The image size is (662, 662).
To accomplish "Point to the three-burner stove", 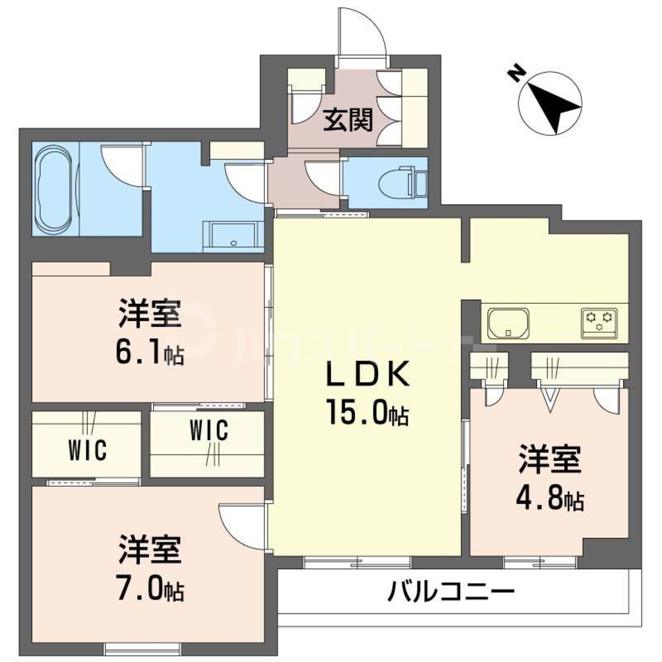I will [600, 322].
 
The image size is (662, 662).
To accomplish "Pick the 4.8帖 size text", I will [549, 498].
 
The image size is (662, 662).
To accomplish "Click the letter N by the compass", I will [514, 72].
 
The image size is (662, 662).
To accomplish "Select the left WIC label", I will [87, 451].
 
